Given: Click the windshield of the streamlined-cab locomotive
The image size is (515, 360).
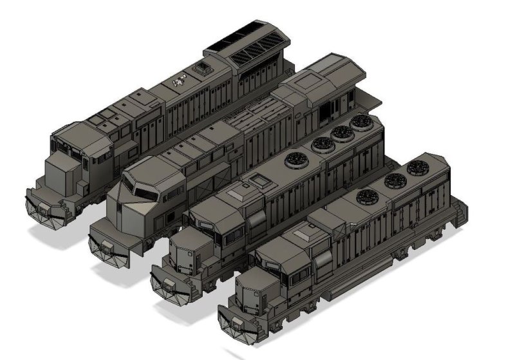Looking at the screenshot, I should coord(144,193).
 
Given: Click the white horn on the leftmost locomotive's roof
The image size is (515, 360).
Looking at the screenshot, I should coord(180,81).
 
